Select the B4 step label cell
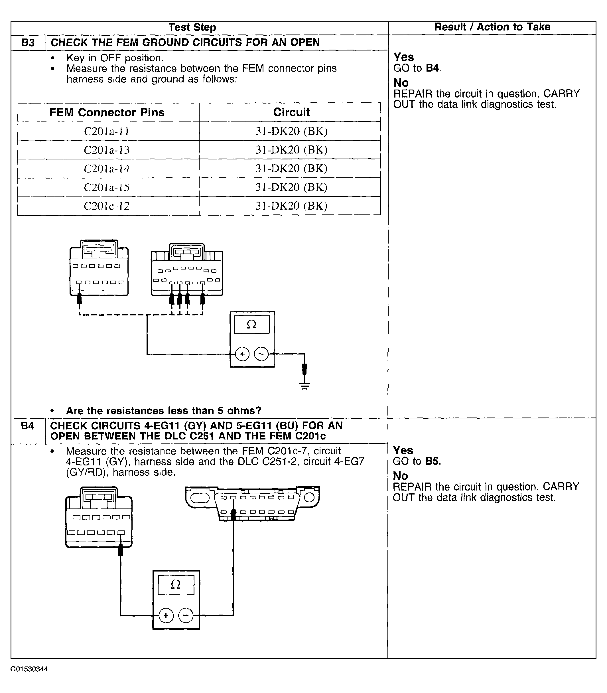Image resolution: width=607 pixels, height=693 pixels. click(27, 426)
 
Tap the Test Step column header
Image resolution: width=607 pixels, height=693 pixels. click(192, 27)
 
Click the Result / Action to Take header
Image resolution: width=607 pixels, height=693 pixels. click(492, 27)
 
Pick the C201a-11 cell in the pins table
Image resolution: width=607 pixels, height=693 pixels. click(107, 131)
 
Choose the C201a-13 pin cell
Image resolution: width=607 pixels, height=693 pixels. click(107, 150)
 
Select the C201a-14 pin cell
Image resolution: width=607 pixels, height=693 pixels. click(107, 169)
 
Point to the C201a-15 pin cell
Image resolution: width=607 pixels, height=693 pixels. click(107, 187)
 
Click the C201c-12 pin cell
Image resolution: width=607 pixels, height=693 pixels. click(107, 206)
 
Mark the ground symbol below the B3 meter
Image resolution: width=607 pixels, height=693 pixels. click(304, 386)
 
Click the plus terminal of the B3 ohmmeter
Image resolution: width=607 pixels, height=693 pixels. click(242, 354)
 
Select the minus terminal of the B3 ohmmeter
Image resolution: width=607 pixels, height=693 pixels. click(261, 354)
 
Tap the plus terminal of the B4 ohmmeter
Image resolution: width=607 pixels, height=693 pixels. click(166, 615)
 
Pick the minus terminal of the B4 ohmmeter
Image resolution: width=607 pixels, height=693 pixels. click(185, 615)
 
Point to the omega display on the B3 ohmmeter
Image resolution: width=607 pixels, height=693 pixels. click(252, 325)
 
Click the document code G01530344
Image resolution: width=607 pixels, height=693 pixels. click(29, 669)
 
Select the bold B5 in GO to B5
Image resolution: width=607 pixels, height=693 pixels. click(433, 461)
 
